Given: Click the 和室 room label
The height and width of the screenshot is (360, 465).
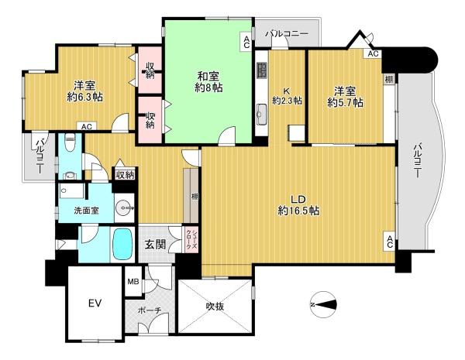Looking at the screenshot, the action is tap(208, 77).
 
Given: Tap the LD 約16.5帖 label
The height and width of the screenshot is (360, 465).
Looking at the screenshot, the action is tap(298, 204).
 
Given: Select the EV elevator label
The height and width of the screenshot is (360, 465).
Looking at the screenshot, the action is tap(95, 303).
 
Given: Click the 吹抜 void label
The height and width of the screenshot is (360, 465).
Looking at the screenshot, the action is tap(215, 306).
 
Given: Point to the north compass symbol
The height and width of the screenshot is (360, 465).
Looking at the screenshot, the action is tap(324, 304).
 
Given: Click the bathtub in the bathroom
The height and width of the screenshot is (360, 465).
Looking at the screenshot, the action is tap(122, 245).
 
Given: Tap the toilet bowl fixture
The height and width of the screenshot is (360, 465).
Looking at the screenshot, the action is tap(70, 142).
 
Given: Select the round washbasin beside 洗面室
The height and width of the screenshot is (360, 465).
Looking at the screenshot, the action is tap(124, 208).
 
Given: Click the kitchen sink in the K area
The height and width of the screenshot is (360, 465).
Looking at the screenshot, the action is tap(262, 115).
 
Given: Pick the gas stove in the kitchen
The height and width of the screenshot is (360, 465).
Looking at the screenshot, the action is tap(262, 70).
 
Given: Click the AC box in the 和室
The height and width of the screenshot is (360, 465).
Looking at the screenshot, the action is tap(246, 42).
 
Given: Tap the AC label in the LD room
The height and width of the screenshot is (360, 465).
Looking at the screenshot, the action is tap(390, 242).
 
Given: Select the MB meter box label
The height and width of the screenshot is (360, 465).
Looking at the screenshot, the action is tap(133, 282).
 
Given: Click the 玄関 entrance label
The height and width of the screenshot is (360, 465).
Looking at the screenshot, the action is tap(155, 245).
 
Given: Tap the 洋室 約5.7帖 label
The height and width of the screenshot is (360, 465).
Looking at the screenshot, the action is tap(345, 97).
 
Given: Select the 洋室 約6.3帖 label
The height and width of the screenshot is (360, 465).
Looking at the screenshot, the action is tap(84, 91).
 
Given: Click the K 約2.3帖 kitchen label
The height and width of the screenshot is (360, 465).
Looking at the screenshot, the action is tap(287, 95).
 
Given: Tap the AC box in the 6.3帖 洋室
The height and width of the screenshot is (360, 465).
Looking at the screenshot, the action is tap(87, 126).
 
